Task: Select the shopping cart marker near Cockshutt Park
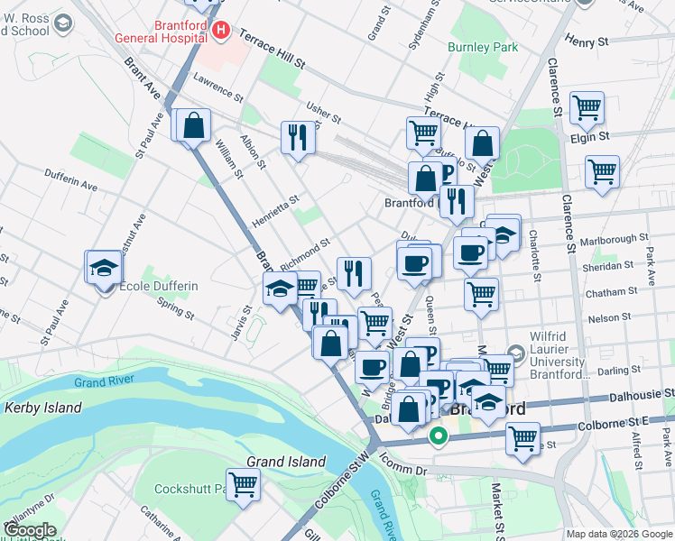pyautogui.click(x=244, y=484)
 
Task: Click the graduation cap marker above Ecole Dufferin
pyautogui.click(x=104, y=266)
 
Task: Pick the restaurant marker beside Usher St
pyautogui.click(x=298, y=137)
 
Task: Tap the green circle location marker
pyautogui.click(x=439, y=438)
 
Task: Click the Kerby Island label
pyautogui.click(x=43, y=408)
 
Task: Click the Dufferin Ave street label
pyautogui.click(x=70, y=185)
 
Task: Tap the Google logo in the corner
pyautogui.click(x=29, y=530)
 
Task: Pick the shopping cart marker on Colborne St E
pyautogui.click(x=522, y=439)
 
